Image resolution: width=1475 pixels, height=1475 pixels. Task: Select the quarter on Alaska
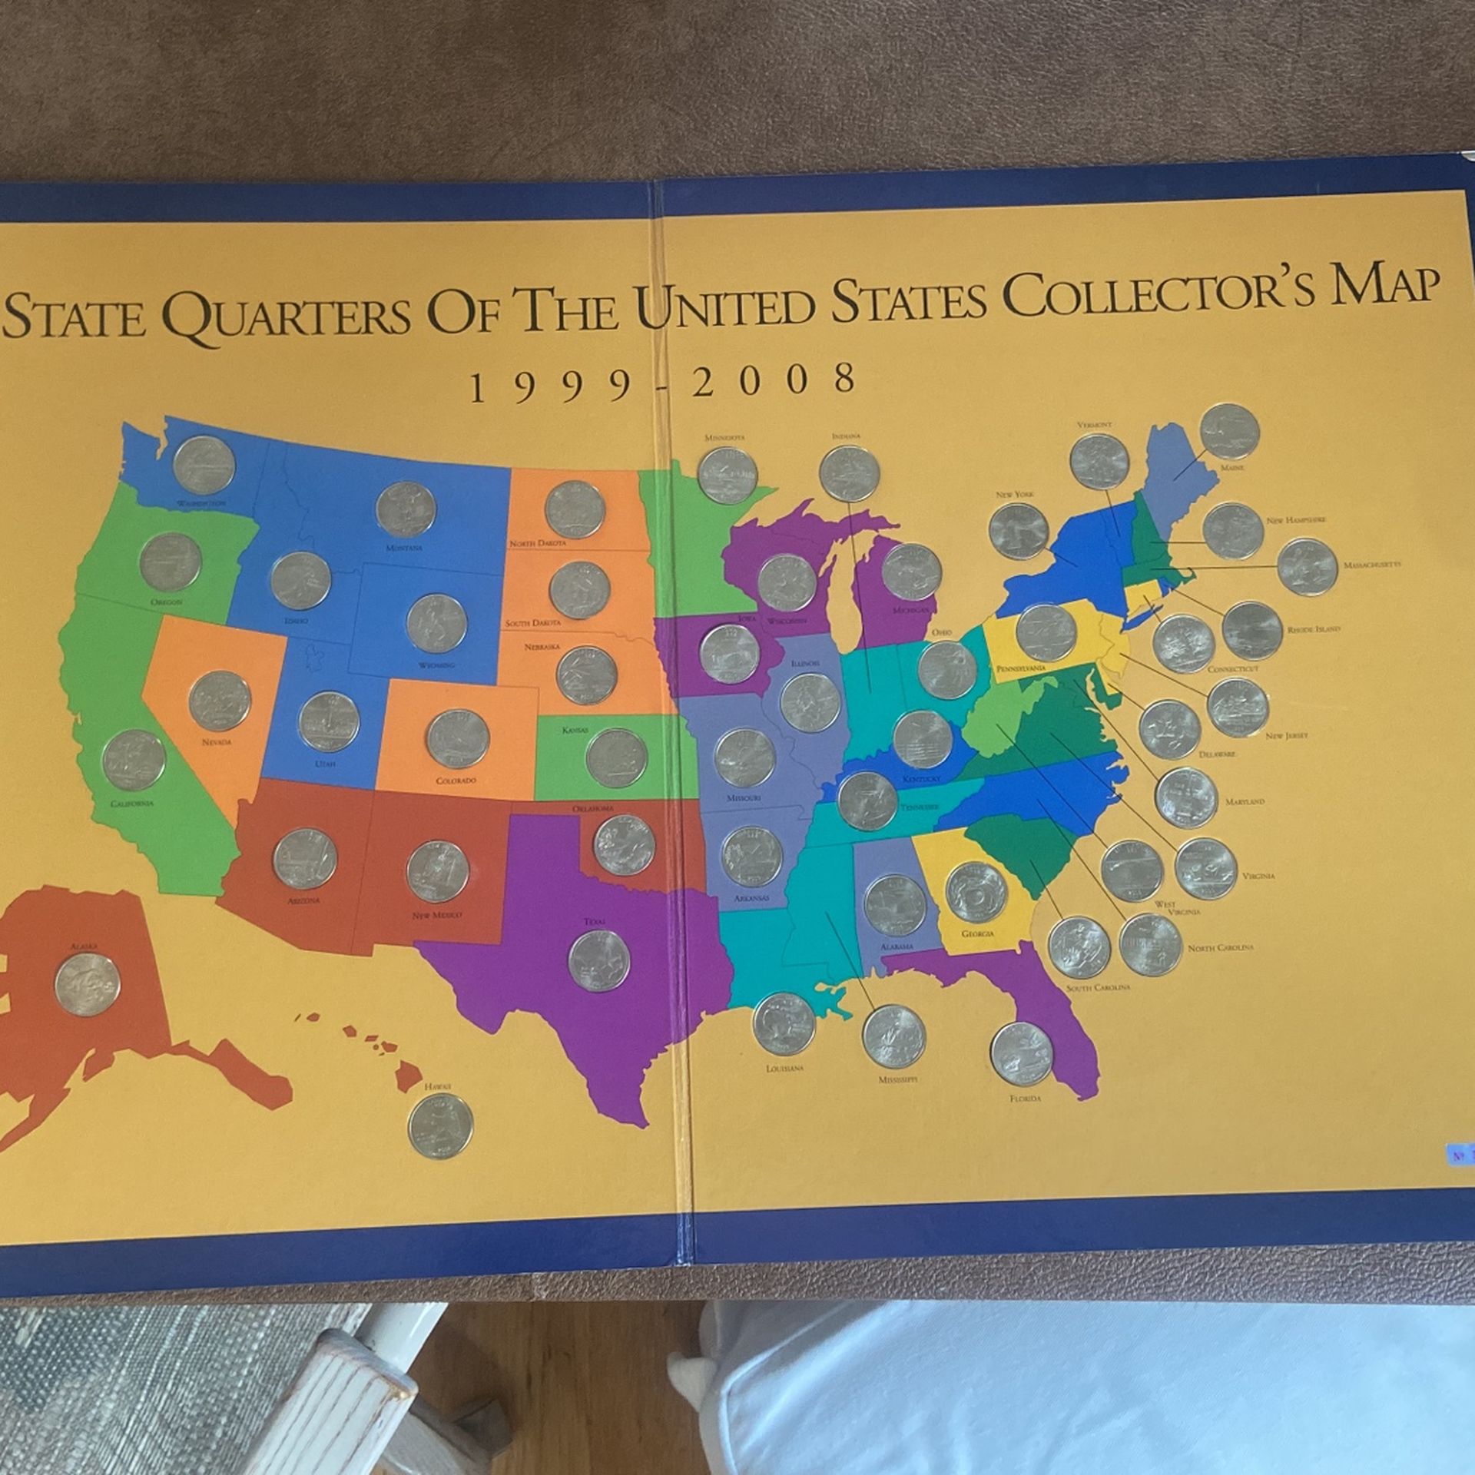click(85, 984)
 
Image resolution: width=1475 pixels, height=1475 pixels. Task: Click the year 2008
click(774, 380)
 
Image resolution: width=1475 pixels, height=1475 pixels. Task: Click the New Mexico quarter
click(437, 871)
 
